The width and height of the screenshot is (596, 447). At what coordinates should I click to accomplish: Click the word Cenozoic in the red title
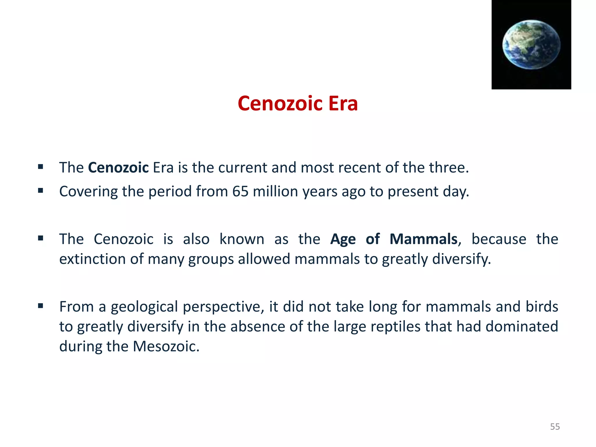(280, 104)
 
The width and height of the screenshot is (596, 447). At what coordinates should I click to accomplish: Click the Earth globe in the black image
(531, 45)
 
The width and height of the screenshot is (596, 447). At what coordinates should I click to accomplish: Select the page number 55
(555, 427)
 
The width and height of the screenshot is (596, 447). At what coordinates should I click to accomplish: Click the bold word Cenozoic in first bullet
(118, 168)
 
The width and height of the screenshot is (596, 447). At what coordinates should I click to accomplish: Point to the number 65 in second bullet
(240, 191)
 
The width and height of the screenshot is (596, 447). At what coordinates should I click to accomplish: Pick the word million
(275, 191)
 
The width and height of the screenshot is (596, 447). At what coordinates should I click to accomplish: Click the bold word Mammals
(423, 239)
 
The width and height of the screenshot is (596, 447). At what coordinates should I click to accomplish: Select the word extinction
(92, 259)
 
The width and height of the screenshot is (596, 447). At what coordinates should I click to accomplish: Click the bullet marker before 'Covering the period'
(40, 191)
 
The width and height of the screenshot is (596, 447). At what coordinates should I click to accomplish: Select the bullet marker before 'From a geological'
(40, 306)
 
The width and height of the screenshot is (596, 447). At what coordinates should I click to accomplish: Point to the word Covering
(88, 191)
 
